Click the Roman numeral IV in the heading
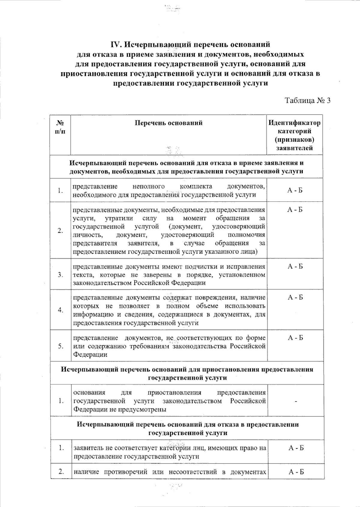[115, 45]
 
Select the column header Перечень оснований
[168, 123]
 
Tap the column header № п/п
[61, 127]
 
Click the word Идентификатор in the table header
[294, 123]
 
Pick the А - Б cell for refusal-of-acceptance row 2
[295, 210]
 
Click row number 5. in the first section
[61, 346]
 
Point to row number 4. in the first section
[61, 310]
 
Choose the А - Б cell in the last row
[296, 472]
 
